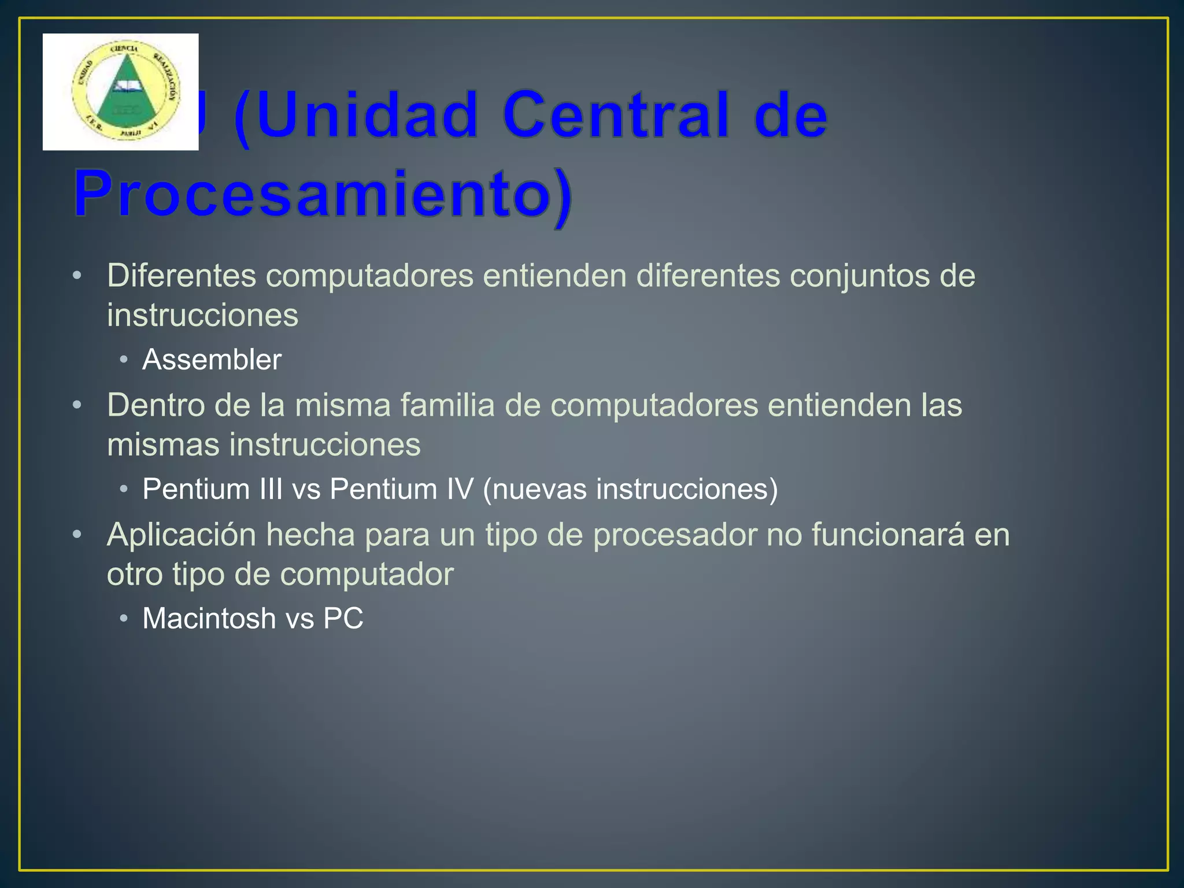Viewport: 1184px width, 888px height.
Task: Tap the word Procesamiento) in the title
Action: [x=324, y=194]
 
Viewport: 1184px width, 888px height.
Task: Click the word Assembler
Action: [x=212, y=360]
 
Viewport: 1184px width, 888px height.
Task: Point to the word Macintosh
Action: [x=209, y=619]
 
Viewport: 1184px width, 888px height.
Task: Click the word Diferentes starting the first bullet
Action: [x=182, y=276]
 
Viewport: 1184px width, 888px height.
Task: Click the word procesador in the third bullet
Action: [x=675, y=535]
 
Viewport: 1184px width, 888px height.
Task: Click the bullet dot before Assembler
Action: [x=124, y=360]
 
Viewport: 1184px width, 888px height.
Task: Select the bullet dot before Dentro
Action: [x=77, y=405]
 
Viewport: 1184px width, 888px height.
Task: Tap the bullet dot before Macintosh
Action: [x=124, y=619]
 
